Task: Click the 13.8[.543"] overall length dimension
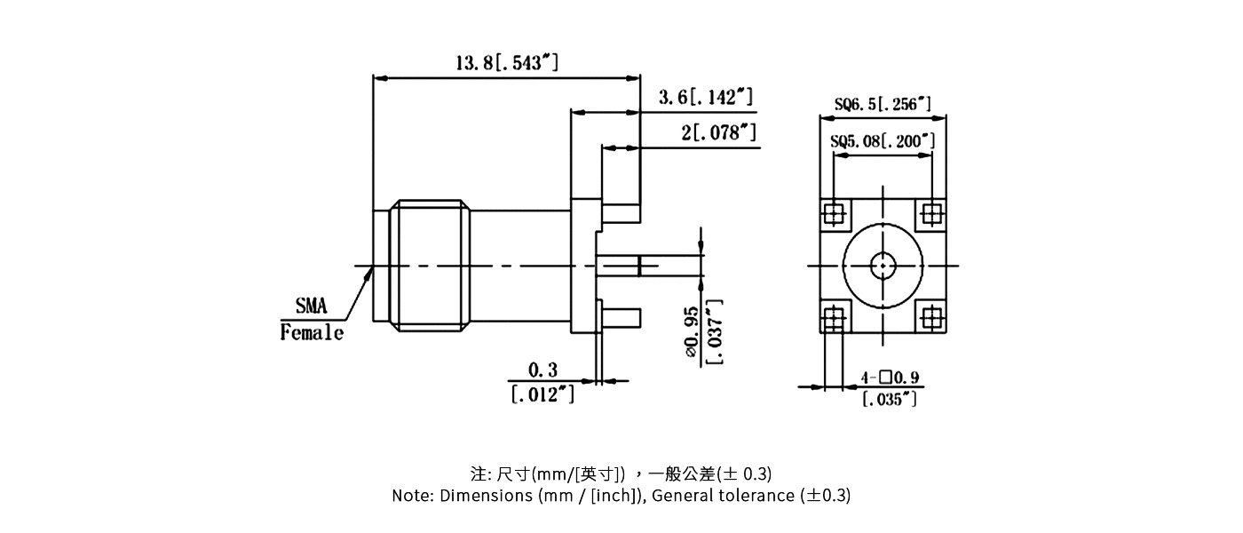tap(507, 63)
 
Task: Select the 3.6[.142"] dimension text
tap(706, 98)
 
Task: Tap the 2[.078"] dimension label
tap(718, 133)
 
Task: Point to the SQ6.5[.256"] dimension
tap(883, 105)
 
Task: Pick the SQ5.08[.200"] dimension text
tap(883, 141)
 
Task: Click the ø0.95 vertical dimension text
tap(692, 333)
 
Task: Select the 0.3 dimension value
tap(542, 370)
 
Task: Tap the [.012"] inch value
tap(542, 394)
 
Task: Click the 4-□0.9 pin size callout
tap(891, 378)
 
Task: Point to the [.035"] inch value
tap(890, 400)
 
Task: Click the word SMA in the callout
tap(311, 307)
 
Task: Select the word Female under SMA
tap(312, 333)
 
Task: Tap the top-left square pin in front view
tap(834, 213)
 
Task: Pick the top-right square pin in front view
tap(931, 213)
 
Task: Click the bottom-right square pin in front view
tap(931, 316)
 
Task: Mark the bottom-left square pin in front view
tap(834, 316)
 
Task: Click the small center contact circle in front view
tap(883, 265)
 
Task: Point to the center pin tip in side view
tap(653, 265)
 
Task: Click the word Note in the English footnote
tap(411, 496)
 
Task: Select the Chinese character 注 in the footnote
tap(476, 473)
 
